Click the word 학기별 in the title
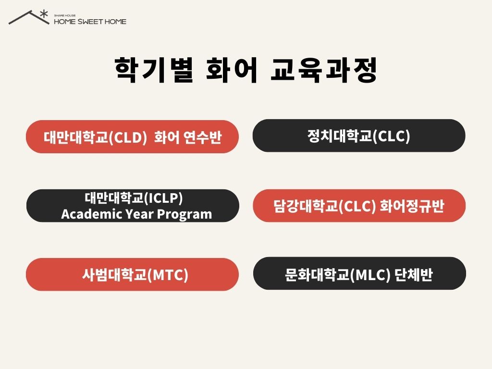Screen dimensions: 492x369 pyautogui.click(x=154, y=70)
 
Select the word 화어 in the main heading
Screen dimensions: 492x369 pyautogui.click(x=232, y=70)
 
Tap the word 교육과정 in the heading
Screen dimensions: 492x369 pyautogui.click(x=324, y=70)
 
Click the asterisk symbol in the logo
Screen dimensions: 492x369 pyautogui.click(x=44, y=14)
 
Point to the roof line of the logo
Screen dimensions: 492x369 pyautogui.click(x=29, y=17)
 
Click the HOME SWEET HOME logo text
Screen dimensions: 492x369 pyautogui.click(x=90, y=22)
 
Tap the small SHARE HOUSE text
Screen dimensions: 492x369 pyautogui.click(x=65, y=15)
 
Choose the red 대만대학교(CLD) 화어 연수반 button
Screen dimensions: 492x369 pyautogui.click(x=132, y=137)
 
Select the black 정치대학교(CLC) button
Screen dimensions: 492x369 pyautogui.click(x=358, y=135)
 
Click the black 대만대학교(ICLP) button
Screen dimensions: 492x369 pyautogui.click(x=133, y=206)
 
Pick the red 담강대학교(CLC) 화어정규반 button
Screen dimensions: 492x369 pyautogui.click(x=359, y=206)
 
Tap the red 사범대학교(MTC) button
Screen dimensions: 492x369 pyautogui.click(x=132, y=274)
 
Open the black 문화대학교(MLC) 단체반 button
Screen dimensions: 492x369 pyautogui.click(x=359, y=273)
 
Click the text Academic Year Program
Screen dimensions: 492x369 pyautogui.click(x=136, y=214)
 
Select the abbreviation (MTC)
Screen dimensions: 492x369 pyautogui.click(x=168, y=275)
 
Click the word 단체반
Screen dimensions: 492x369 pyautogui.click(x=414, y=274)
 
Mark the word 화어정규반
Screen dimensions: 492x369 pyautogui.click(x=412, y=206)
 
